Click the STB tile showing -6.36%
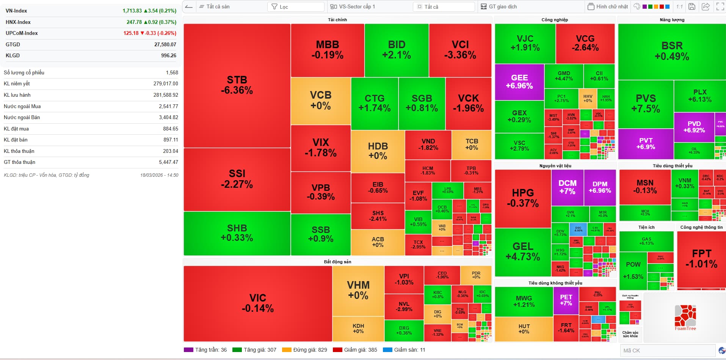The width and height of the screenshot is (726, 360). pyautogui.click(x=237, y=85)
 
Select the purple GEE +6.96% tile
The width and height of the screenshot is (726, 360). pyautogui.click(x=519, y=82)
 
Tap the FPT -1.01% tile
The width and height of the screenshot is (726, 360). pyautogui.click(x=701, y=259)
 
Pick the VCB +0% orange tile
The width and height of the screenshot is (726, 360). pyautogui.click(x=321, y=101)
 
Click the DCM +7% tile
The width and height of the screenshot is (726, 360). pyautogui.click(x=568, y=187)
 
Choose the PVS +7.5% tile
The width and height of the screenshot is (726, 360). pyautogui.click(x=646, y=104)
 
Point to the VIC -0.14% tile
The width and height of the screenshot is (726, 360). pyautogui.click(x=258, y=303)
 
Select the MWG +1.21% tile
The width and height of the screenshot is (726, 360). pyautogui.click(x=524, y=301)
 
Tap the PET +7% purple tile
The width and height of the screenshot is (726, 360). pyautogui.click(x=566, y=300)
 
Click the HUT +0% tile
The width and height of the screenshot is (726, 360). pyautogui.click(x=524, y=329)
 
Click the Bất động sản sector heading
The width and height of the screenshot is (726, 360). pyautogui.click(x=337, y=262)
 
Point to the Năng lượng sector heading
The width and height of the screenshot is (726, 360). pyautogui.click(x=672, y=20)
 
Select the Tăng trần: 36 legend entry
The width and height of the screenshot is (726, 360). pyautogui.click(x=205, y=350)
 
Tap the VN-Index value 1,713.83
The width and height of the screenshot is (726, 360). pyautogui.click(x=132, y=11)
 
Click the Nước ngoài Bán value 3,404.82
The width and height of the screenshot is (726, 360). pyautogui.click(x=168, y=117)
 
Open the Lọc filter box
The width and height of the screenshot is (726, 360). pyautogui.click(x=296, y=7)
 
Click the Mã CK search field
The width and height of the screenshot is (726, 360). pyautogui.click(x=667, y=351)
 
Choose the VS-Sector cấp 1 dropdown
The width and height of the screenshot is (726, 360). pyautogui.click(x=370, y=7)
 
